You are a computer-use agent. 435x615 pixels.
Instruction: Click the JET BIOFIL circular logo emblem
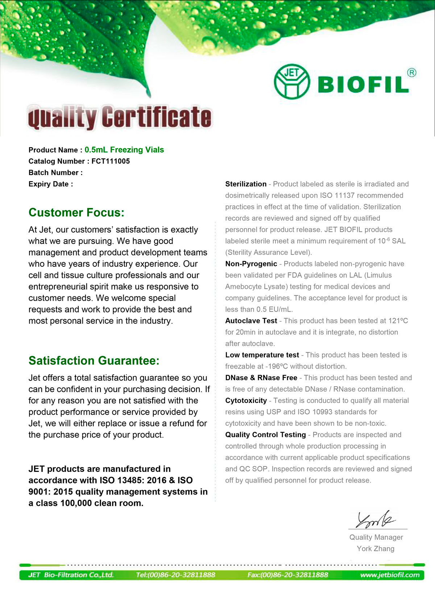292,82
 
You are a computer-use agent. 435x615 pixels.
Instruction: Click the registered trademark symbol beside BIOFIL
412,73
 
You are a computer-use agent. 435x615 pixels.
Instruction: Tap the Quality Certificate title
120,117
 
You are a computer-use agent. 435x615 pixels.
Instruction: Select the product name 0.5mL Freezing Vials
124,150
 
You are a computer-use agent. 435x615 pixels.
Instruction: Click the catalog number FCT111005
111,161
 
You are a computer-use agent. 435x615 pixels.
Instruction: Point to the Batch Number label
55,173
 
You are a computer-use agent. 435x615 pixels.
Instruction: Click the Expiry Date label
51,184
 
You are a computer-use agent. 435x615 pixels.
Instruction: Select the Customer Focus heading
76,212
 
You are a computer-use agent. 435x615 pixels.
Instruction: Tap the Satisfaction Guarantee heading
94,361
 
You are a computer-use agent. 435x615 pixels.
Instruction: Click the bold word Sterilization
246,184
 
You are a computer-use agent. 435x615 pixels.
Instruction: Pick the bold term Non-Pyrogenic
251,264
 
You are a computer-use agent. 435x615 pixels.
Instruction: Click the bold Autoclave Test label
251,321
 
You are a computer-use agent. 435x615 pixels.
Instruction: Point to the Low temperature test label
262,355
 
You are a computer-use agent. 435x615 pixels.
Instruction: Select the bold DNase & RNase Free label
261,378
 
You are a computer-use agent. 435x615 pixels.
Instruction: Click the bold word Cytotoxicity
246,400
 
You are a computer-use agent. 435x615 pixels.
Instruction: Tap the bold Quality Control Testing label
266,435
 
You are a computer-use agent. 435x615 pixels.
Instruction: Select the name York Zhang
376,549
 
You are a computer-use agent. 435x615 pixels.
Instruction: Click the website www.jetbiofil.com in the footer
390,575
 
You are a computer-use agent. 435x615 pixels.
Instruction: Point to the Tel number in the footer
175,575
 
